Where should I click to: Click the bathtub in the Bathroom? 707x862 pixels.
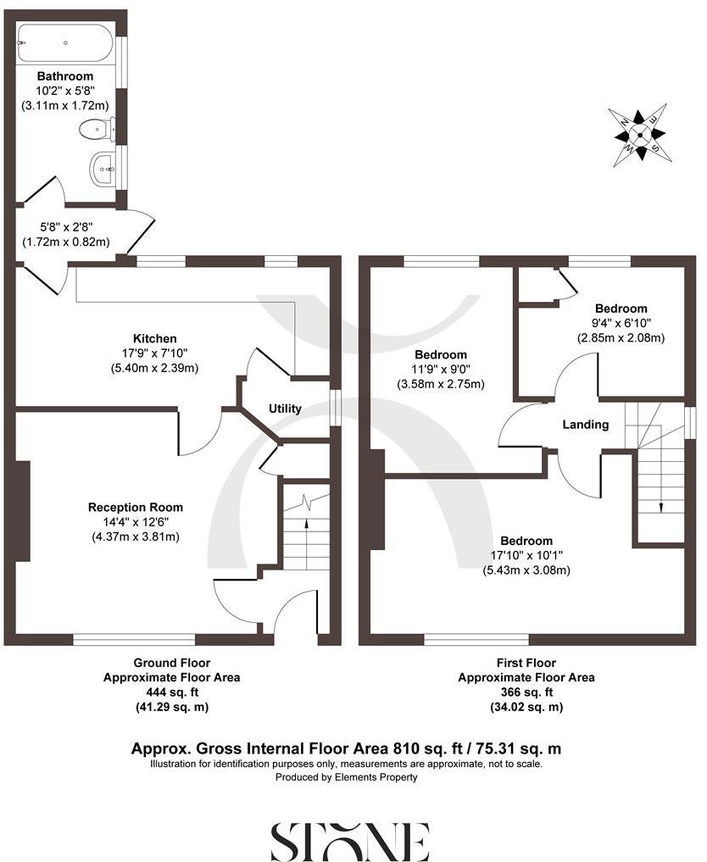point(64,43)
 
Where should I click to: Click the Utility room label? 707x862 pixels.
point(285,409)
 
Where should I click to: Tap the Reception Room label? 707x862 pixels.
point(136,507)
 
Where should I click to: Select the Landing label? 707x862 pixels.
point(586,424)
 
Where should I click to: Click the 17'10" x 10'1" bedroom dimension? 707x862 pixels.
point(526,555)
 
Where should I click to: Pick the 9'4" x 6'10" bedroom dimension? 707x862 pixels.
point(621,323)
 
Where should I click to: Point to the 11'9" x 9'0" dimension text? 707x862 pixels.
point(441,370)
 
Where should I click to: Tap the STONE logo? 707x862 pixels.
point(349,842)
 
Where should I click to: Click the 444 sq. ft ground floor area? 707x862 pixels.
point(172,692)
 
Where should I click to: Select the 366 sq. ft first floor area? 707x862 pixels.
point(526,692)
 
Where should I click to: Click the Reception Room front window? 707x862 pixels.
point(134,640)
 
